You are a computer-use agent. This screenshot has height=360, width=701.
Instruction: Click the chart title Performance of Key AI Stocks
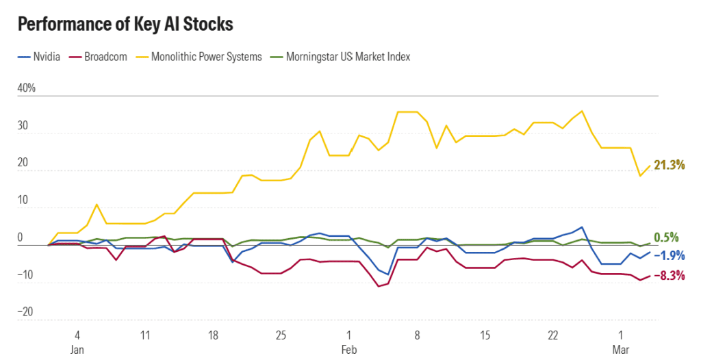[x=125, y=25]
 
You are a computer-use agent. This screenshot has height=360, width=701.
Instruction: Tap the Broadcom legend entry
[x=105, y=57]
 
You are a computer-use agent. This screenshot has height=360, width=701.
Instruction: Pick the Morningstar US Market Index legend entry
[x=348, y=57]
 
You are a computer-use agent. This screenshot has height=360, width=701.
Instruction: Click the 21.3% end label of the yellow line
[x=669, y=165]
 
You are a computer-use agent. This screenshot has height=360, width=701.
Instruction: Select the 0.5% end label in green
[x=666, y=237]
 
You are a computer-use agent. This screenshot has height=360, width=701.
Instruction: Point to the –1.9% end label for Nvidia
[x=669, y=255]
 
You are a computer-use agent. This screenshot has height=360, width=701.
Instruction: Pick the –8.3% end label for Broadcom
[x=669, y=276]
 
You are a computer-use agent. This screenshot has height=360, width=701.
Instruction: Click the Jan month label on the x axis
[x=77, y=349]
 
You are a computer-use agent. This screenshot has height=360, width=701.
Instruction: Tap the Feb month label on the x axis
[x=348, y=349]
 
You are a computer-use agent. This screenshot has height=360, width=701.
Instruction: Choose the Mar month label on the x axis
[x=621, y=349]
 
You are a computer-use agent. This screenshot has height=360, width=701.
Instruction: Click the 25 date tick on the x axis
[x=281, y=336]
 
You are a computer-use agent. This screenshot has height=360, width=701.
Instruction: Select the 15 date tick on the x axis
[x=485, y=336]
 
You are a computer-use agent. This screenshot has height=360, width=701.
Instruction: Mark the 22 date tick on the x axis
[x=552, y=336]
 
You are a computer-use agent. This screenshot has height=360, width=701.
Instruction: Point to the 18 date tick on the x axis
[x=213, y=336]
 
